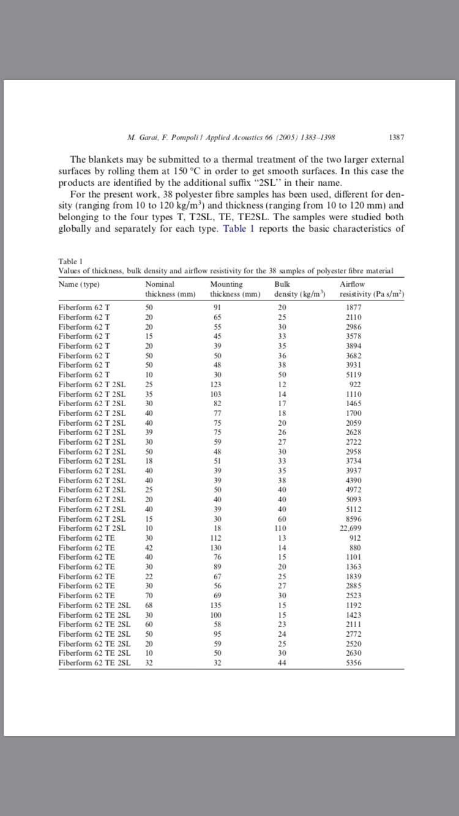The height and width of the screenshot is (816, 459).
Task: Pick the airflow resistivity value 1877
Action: (354, 307)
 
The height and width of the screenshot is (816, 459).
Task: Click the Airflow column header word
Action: (352, 284)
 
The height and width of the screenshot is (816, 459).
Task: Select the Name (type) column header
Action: (79, 284)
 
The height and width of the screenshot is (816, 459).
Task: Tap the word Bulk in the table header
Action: (282, 284)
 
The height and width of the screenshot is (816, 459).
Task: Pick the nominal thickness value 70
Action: (149, 594)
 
